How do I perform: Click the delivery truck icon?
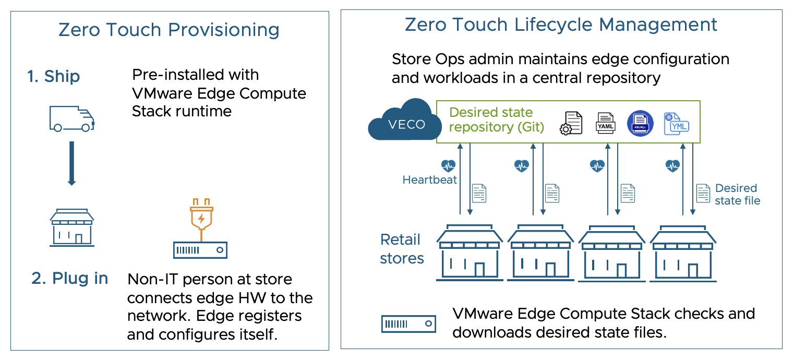[x=71, y=119]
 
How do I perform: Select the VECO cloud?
[x=405, y=120]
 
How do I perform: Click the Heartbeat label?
[x=429, y=179]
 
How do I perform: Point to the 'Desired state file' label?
[x=737, y=194]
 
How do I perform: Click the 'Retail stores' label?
[x=402, y=249]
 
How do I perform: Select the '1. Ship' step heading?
[x=54, y=76]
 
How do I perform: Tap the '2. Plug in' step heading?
[x=69, y=278]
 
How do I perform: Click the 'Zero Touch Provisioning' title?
[x=169, y=29]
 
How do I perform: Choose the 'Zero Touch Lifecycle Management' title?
[x=561, y=25]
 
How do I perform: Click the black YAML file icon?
[x=606, y=123]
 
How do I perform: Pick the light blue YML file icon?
[x=676, y=124]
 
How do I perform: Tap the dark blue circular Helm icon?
[x=640, y=123]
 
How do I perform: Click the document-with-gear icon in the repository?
[x=571, y=123]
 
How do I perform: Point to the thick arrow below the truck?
[x=71, y=163]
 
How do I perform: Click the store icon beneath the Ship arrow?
[x=72, y=227]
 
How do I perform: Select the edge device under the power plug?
[x=200, y=250]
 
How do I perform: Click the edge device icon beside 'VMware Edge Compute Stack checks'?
[x=408, y=324]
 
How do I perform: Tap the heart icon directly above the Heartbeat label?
[x=449, y=165]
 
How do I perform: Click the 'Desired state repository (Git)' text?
[x=496, y=120]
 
